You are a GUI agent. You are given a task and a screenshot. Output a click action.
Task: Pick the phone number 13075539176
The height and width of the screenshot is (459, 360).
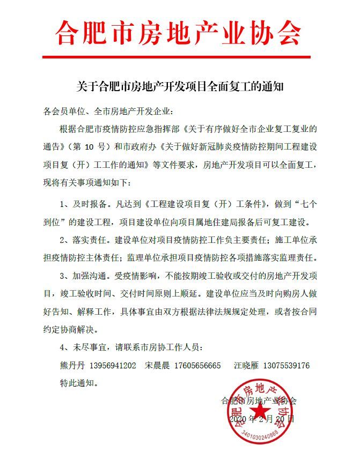pos(285,366)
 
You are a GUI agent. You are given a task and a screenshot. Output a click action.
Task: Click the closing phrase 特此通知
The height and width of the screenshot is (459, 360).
pos(78,383)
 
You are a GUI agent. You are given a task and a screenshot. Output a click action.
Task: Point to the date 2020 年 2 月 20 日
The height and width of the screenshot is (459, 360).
pos(262,418)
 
